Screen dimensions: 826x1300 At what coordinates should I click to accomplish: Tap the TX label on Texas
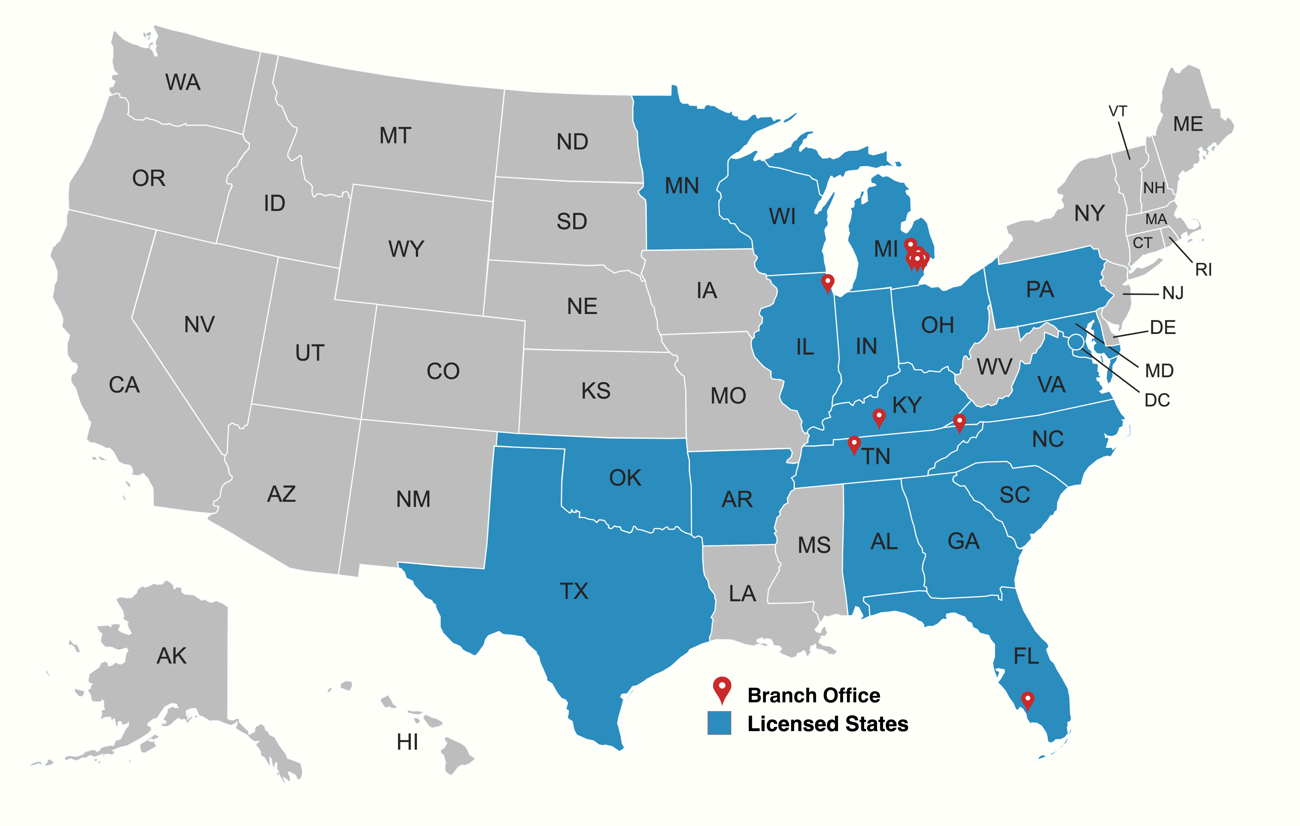pyautogui.click(x=574, y=591)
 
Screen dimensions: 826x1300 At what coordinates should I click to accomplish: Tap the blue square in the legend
pyautogui.click(x=719, y=723)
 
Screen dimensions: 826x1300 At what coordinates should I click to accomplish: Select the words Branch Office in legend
pyautogui.click(x=813, y=695)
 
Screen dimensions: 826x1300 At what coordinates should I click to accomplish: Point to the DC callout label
pyautogui.click(x=1157, y=400)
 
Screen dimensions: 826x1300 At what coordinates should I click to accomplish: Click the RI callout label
pyautogui.click(x=1203, y=269)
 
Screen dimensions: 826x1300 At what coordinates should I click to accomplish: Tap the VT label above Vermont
pyautogui.click(x=1118, y=111)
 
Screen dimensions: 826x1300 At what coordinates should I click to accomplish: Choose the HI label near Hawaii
pyautogui.click(x=407, y=742)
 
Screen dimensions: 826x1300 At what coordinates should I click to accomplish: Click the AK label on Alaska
pyautogui.click(x=172, y=656)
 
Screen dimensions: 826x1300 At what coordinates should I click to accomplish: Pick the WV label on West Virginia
pyautogui.click(x=994, y=367)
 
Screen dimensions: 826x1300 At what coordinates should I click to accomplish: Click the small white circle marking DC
pyautogui.click(x=1076, y=342)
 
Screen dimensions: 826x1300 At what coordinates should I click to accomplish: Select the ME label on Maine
pyautogui.click(x=1188, y=124)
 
